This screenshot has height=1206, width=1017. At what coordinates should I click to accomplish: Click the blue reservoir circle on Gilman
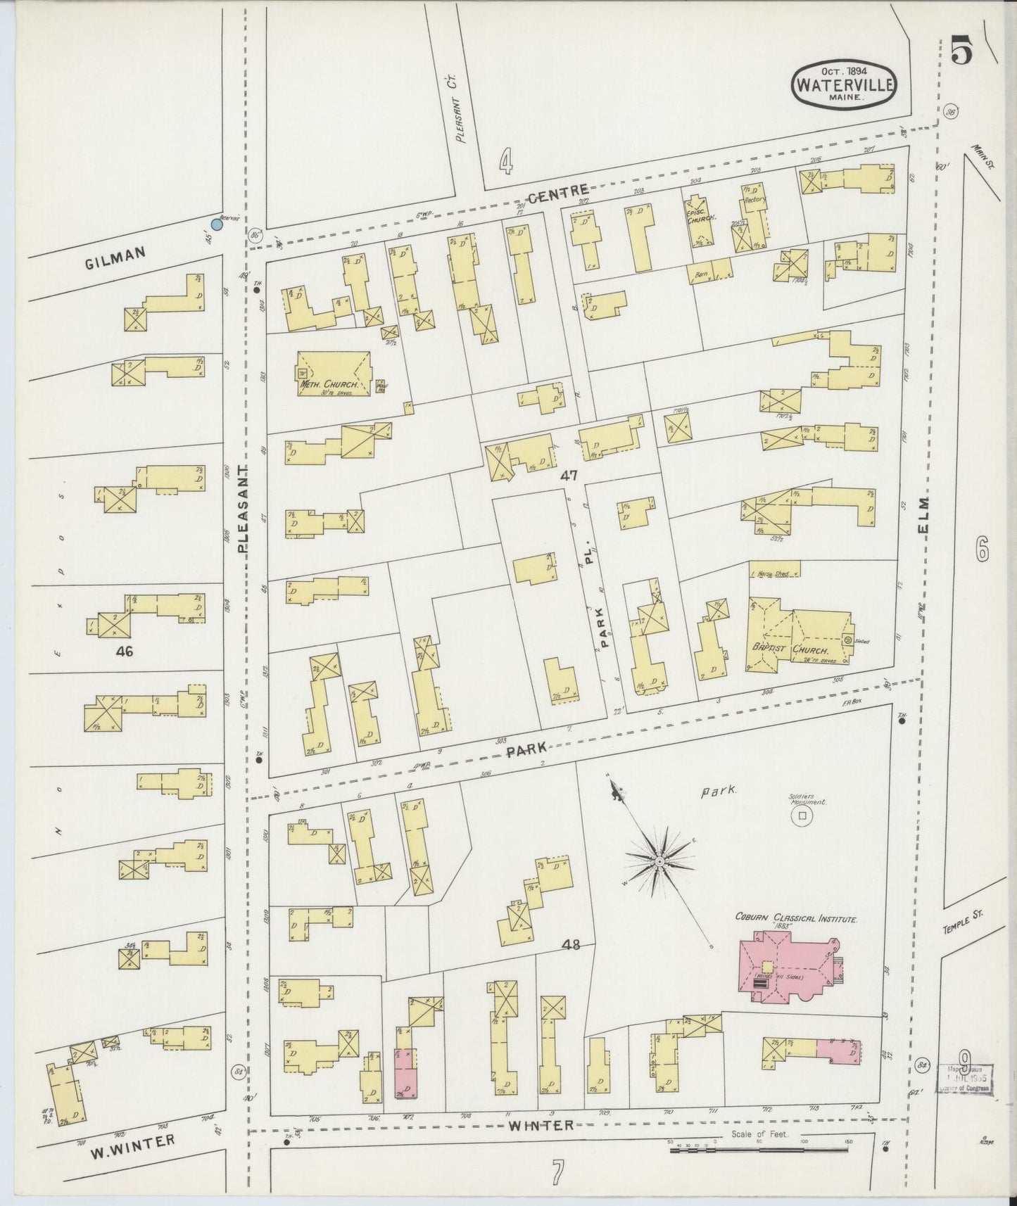[x=217, y=224]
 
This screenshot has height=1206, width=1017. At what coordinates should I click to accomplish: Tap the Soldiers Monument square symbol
[x=800, y=815]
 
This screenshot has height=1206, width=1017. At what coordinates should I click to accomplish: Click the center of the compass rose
[x=659, y=861]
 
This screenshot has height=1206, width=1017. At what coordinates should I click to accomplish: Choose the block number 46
[x=125, y=652]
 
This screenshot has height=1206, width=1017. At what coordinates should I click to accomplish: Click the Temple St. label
[x=963, y=921]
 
